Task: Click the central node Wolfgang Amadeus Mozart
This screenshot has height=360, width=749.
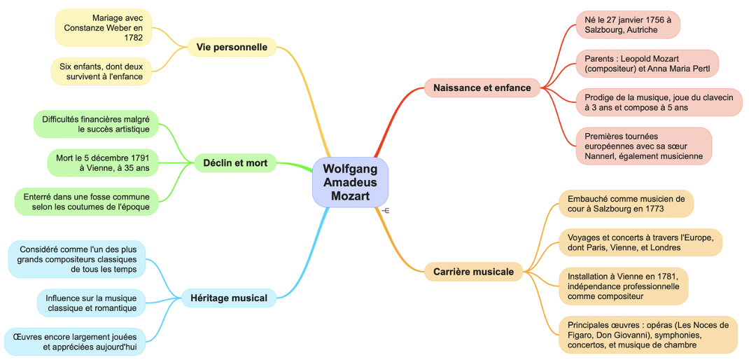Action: (x=350, y=182)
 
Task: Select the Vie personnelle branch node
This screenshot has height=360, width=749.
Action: (x=232, y=48)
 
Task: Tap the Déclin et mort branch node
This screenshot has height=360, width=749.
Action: (x=235, y=163)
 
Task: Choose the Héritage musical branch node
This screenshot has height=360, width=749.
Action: (x=228, y=298)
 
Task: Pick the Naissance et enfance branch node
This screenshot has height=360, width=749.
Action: (x=482, y=88)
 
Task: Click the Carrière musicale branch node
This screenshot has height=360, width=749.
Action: (x=473, y=272)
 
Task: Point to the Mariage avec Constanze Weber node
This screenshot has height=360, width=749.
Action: (x=104, y=28)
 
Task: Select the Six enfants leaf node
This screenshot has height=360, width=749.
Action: (x=101, y=71)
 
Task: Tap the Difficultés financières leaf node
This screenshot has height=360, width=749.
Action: (x=96, y=124)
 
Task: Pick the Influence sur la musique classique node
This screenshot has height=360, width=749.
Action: (x=91, y=303)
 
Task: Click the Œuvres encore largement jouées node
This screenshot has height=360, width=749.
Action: (x=75, y=342)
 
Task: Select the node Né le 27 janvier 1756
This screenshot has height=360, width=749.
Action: (x=627, y=25)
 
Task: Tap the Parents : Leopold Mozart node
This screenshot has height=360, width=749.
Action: (x=647, y=63)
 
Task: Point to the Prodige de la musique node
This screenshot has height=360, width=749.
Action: (x=658, y=102)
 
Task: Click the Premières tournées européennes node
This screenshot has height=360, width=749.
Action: (x=643, y=146)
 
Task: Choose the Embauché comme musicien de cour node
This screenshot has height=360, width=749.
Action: (x=626, y=204)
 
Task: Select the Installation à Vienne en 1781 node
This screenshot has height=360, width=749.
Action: (x=623, y=286)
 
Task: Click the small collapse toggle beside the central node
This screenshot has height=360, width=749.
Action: (x=386, y=211)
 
